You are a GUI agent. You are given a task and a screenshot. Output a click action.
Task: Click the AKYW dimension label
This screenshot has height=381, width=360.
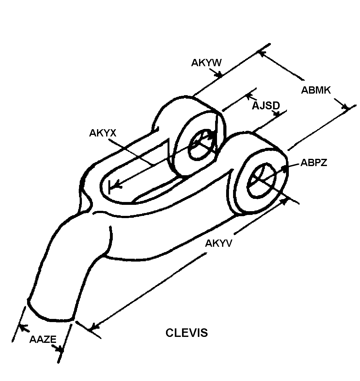coord(206,63)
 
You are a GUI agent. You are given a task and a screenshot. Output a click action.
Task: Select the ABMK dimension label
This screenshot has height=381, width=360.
coord(316,90)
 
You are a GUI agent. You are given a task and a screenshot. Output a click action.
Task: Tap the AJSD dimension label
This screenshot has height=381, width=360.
coord(266,106)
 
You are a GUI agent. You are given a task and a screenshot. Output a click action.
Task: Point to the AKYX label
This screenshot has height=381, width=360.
coord(103,133)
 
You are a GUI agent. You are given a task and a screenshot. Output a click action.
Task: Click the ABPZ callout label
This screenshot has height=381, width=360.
coord(314,163)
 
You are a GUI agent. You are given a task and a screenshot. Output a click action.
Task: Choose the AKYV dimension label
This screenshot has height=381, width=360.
coord(219,243)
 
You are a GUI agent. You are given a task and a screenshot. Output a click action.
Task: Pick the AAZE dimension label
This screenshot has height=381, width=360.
coord(43,339)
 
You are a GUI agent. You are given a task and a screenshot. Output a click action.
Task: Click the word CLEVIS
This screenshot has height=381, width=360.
coord(186,333)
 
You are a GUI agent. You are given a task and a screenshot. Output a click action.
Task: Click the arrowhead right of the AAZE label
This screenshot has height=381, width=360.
coord(60,349)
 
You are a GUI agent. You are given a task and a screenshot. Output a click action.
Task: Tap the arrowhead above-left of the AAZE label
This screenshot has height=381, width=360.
coord(23,327)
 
